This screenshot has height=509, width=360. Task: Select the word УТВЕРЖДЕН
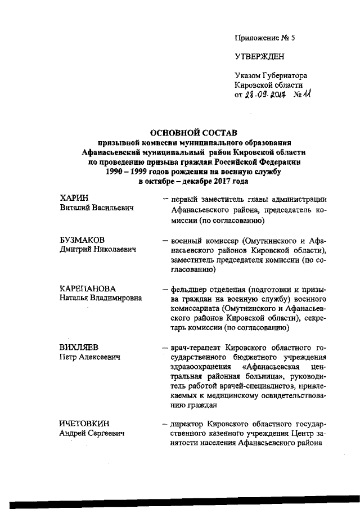click(260, 57)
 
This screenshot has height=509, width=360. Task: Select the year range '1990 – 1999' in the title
click(129, 172)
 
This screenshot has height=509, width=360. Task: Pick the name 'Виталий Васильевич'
click(96, 209)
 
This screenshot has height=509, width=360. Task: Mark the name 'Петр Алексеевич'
click(91, 357)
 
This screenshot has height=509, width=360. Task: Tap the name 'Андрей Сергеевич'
click(93, 434)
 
